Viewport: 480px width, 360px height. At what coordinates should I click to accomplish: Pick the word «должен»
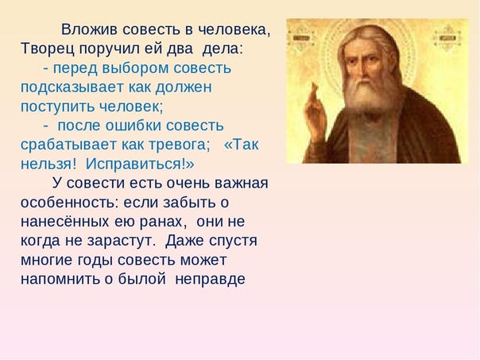pyautogui.click(x=184, y=88)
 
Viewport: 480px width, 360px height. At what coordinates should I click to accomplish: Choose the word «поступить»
pyautogui.click(x=57, y=106)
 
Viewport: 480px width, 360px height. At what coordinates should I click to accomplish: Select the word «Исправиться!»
pyautogui.click(x=140, y=165)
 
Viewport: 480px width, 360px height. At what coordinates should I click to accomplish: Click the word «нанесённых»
pyautogui.click(x=64, y=222)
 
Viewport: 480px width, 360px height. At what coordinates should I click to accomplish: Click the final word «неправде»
pyautogui.click(x=211, y=279)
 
